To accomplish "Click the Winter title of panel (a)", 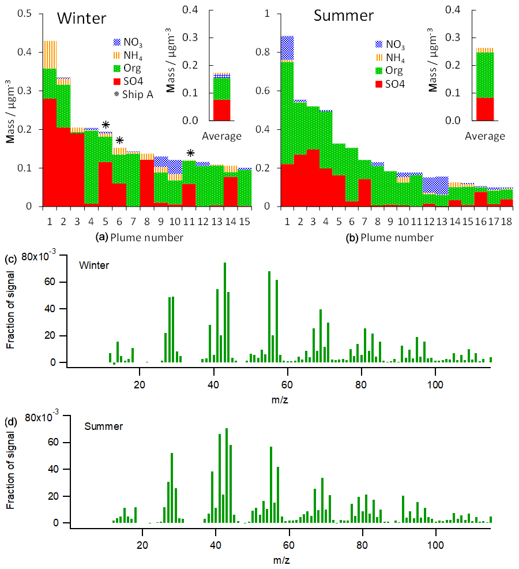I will (81, 18).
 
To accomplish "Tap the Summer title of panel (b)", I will (344, 15).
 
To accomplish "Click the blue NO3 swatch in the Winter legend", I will (120, 42).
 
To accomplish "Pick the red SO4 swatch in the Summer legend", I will (379, 84).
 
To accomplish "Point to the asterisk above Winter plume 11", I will (190, 153).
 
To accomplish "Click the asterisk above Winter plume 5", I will (106, 125).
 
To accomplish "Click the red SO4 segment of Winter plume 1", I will (50, 152).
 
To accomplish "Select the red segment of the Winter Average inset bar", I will (221, 110).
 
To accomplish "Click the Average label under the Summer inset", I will (484, 137).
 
